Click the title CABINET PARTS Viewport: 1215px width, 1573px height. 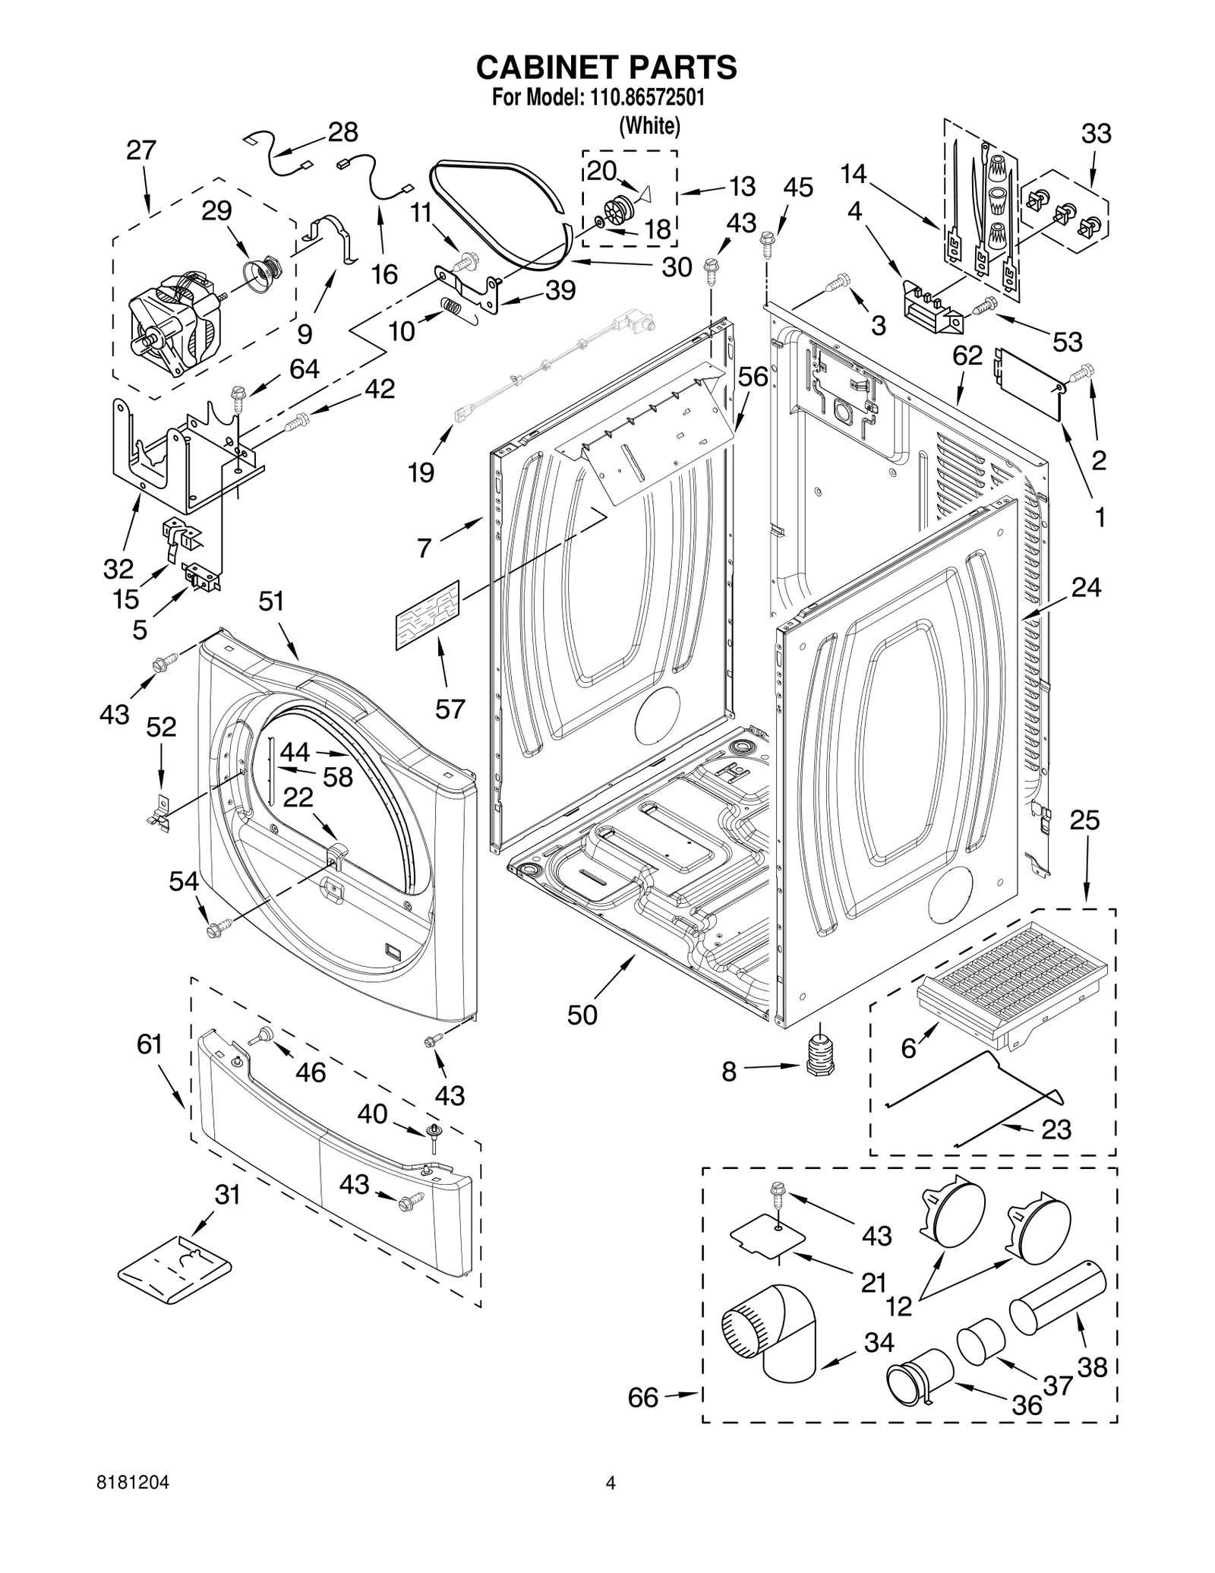(606, 67)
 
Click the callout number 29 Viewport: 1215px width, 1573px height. (216, 210)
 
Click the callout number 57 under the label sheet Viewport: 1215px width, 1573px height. (450, 709)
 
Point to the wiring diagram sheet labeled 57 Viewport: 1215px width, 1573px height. (428, 615)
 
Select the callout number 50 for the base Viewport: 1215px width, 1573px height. (582, 1015)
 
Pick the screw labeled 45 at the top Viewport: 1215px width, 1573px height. (767, 243)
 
